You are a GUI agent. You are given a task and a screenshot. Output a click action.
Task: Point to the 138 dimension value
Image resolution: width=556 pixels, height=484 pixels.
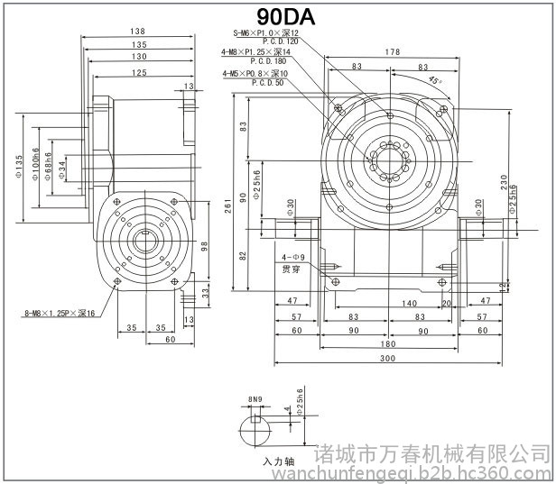point(139,32)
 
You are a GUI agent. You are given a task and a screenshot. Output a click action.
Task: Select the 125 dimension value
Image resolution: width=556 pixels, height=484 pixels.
point(138,72)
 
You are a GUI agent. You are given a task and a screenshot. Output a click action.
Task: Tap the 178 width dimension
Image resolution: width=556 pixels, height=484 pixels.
point(390,52)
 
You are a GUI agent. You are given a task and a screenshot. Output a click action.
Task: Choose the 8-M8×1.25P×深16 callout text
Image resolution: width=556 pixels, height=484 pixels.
point(61,314)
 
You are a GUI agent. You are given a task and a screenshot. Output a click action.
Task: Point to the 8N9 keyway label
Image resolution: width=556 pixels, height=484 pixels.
point(255,398)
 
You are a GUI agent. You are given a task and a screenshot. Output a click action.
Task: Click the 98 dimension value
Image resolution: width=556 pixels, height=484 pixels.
point(205,245)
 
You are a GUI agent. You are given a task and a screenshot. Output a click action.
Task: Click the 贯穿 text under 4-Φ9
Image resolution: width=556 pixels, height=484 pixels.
point(291,269)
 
